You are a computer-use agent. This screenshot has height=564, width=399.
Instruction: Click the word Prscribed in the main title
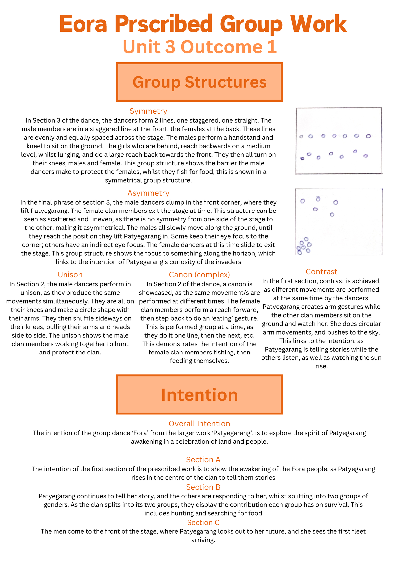point(164,24)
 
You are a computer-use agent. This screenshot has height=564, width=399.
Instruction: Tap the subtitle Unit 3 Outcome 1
point(199,47)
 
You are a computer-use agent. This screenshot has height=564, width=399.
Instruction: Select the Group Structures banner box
point(199,82)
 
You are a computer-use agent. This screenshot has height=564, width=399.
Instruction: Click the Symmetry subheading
point(148,111)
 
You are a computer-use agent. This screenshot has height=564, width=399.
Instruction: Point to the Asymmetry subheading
point(148,193)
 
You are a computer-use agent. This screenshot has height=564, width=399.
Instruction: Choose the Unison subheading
point(70,275)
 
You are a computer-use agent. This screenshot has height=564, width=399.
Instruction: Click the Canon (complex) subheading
point(199,275)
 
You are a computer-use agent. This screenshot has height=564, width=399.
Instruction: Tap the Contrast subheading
point(321,272)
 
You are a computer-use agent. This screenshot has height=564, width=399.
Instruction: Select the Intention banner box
point(199,395)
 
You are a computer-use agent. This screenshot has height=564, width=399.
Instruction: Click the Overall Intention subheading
point(199,424)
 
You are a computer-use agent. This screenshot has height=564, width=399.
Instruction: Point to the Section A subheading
point(203,460)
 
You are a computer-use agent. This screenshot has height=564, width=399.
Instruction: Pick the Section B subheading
point(203,487)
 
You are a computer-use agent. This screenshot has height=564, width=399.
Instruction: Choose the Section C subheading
point(203,522)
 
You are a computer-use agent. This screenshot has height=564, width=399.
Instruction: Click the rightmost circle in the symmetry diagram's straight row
point(368,136)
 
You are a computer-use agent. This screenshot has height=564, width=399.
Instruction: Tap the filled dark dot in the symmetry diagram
point(302,158)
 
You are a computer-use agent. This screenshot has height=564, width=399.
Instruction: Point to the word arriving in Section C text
point(203,540)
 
